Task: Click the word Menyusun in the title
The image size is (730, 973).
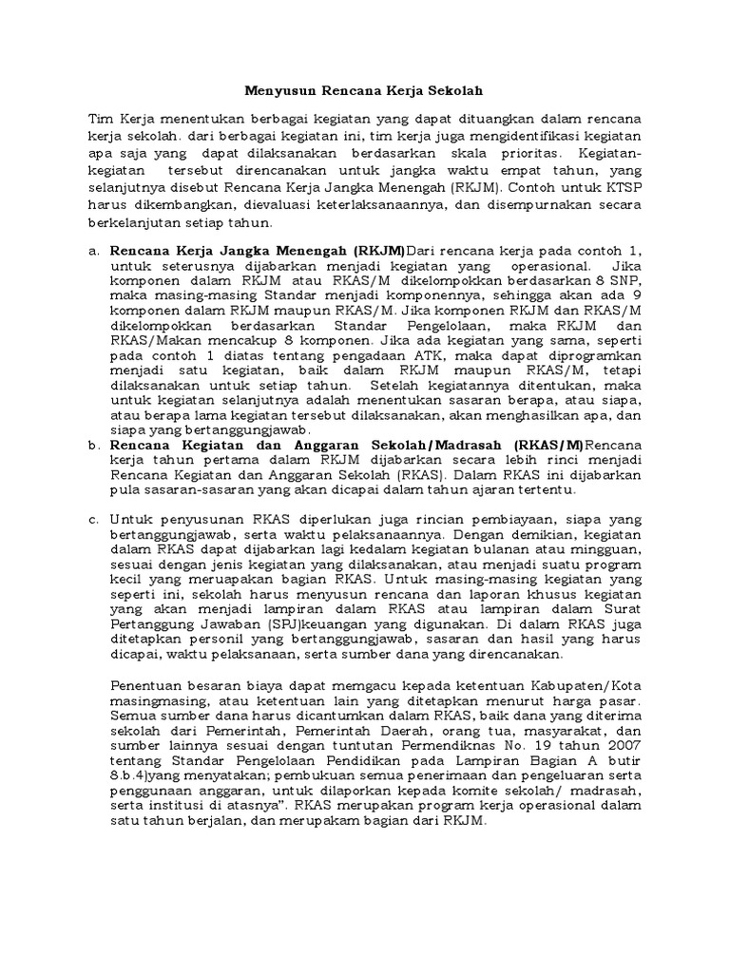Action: (x=270, y=91)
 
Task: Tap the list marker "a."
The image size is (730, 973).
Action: (x=93, y=250)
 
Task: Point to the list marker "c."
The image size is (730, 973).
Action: (x=93, y=520)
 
